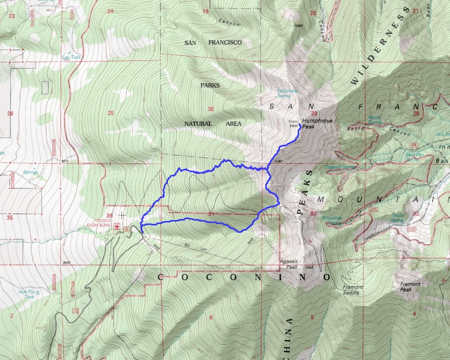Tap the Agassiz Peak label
288,264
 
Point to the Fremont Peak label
410,287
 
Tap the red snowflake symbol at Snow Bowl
117,226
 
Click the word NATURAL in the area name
198,124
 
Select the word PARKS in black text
210,85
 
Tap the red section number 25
111,113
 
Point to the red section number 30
211,109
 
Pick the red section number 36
109,215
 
